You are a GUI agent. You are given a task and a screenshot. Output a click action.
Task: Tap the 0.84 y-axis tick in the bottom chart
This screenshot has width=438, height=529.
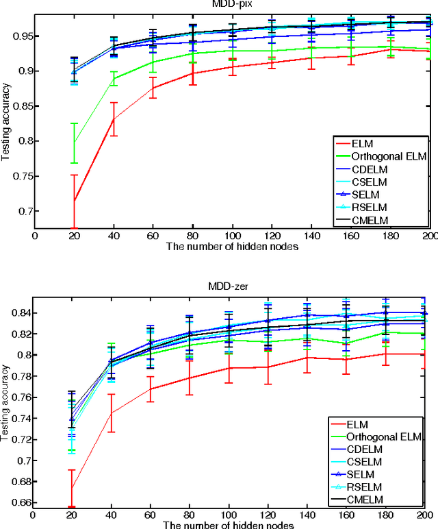click(21, 313)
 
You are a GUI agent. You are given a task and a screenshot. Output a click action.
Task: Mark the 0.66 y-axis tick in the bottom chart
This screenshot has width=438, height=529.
click(21, 502)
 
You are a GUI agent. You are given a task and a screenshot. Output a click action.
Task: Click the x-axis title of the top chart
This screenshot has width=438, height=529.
click(231, 247)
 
